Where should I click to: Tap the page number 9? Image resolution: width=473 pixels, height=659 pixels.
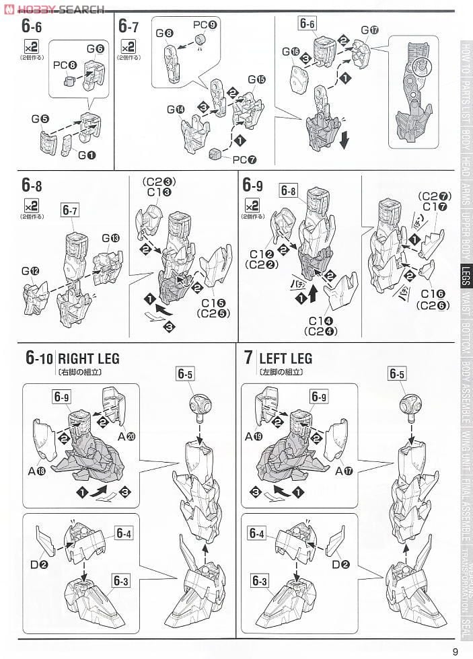pos(456,651)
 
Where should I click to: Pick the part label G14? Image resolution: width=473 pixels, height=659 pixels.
pos(176,110)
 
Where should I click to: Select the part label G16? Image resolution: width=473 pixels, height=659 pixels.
pos(291,52)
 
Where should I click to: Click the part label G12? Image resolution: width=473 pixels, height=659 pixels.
pos(30,272)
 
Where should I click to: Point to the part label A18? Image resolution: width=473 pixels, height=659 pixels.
pos(36,471)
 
